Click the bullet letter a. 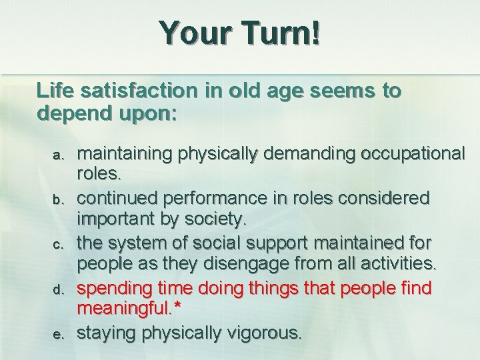pos(57,155)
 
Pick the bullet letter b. pos(57,199)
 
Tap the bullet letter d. pos(57,290)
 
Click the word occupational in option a pos(413,154)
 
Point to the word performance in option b pos(227,199)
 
